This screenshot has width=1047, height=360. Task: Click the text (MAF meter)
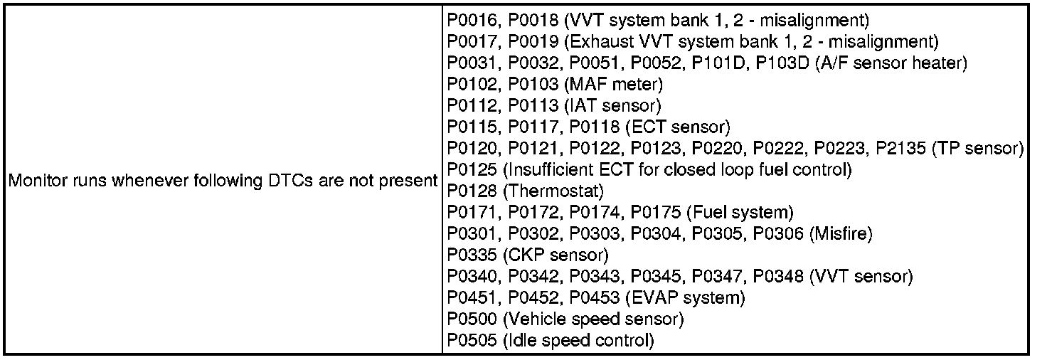point(613,85)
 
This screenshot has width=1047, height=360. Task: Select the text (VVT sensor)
point(861,276)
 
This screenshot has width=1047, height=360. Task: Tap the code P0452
point(533,297)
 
